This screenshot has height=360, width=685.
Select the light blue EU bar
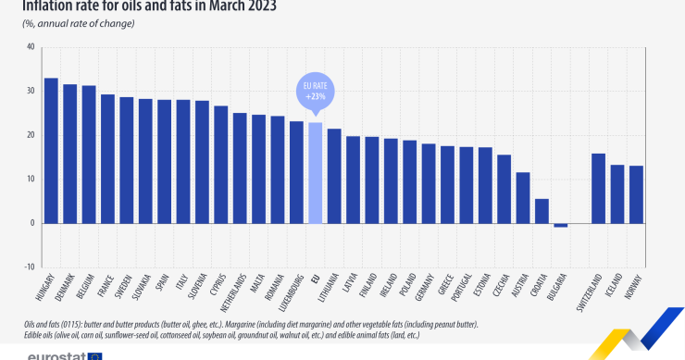315,172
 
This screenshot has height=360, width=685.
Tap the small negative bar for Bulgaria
560,225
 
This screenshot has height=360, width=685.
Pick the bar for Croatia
542,210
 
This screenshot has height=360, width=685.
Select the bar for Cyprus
220,164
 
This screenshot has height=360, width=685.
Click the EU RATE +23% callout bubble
315,93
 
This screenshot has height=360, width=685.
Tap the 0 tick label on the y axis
32,223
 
